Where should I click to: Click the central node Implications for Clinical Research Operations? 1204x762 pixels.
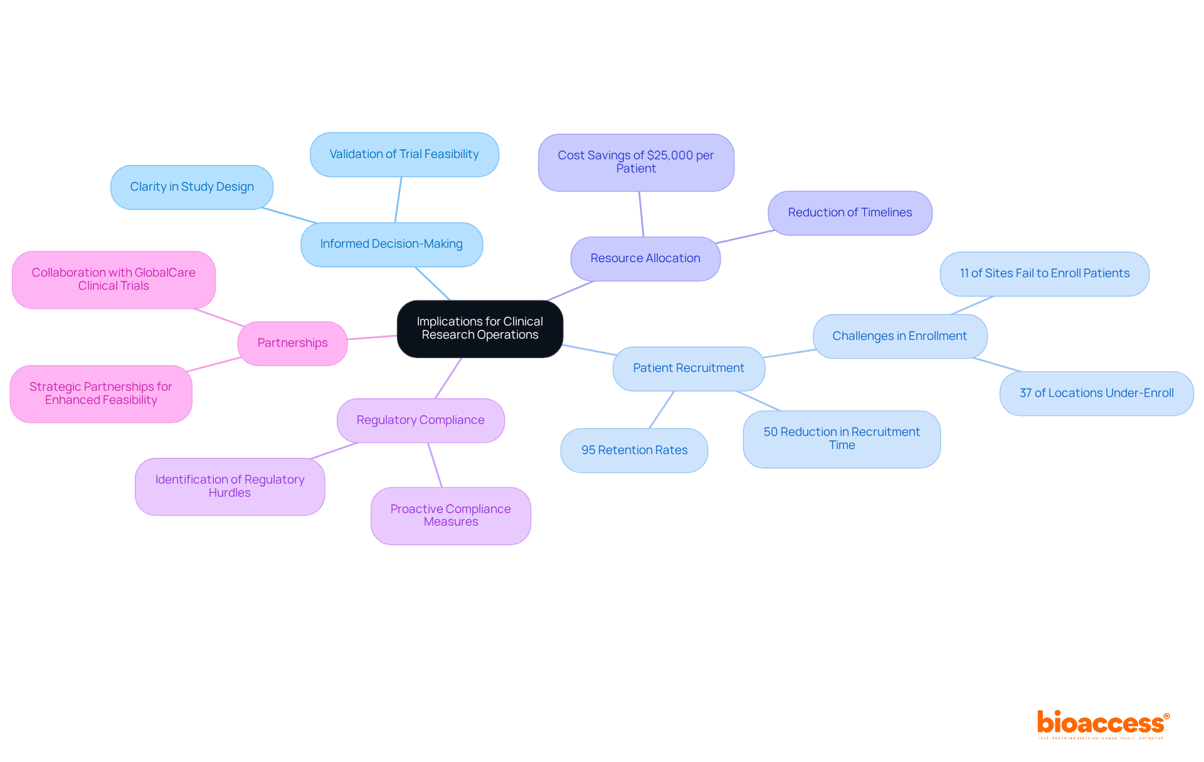click(x=480, y=329)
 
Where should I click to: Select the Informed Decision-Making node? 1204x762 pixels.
click(x=391, y=244)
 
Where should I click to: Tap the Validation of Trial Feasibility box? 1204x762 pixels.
click(x=404, y=154)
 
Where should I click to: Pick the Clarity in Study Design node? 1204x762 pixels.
click(x=191, y=187)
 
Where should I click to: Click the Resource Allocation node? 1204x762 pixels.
click(x=645, y=258)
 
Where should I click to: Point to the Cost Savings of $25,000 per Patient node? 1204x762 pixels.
click(x=635, y=162)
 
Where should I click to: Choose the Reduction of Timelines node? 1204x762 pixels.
click(x=849, y=213)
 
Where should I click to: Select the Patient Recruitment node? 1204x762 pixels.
click(x=688, y=368)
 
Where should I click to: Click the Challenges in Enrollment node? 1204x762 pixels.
click(x=899, y=336)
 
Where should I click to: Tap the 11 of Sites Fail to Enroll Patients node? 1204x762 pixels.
click(x=1044, y=273)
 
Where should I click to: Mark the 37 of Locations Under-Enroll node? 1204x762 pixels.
click(x=1096, y=393)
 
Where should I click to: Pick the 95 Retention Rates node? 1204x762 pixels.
click(x=634, y=450)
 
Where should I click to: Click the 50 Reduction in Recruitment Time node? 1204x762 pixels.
click(x=841, y=439)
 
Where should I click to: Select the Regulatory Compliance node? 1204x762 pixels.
click(x=420, y=420)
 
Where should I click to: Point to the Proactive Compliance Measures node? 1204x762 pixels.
click(x=450, y=516)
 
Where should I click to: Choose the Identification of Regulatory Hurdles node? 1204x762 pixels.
click(x=230, y=486)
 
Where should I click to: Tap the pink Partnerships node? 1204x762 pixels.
click(x=292, y=343)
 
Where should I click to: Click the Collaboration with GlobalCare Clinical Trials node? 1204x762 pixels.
click(x=114, y=280)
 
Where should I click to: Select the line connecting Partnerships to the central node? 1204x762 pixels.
click(x=372, y=337)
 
